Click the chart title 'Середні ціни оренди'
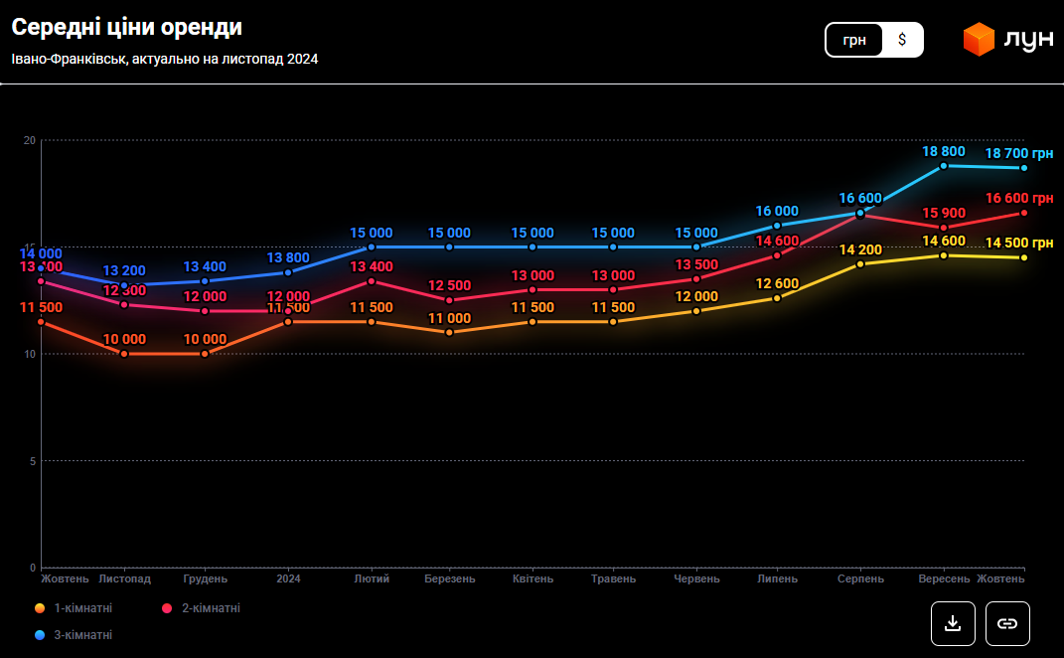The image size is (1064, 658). click(126, 28)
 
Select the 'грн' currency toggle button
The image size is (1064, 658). click(854, 40)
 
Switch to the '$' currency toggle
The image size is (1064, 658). click(902, 40)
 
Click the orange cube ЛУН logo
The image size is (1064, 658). click(979, 39)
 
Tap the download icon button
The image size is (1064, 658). click(953, 623)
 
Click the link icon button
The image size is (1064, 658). click(1007, 623)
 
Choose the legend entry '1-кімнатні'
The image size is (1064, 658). click(76, 608)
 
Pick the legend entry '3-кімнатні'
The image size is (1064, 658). click(76, 634)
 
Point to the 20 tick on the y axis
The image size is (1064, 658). click(30, 141)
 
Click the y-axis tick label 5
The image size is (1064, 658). click(33, 461)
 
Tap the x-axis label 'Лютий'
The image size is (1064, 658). click(372, 578)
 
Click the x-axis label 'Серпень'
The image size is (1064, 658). click(860, 578)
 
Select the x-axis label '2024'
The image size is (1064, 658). click(288, 578)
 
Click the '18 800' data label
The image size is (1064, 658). click(944, 151)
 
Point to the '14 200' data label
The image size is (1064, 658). click(860, 249)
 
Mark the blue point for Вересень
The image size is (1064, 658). click(944, 166)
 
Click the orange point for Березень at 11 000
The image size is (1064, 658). click(449, 332)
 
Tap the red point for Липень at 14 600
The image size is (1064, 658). click(777, 255)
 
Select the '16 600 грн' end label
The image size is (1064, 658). click(1019, 199)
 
